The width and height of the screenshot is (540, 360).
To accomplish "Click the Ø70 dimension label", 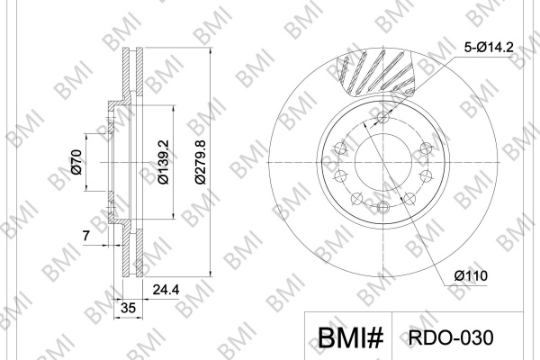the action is (76, 162).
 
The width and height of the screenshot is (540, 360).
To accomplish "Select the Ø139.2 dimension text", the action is (163, 162).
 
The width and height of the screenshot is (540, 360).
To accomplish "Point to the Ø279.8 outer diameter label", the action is (200, 162).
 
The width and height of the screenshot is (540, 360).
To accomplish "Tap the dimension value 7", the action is (86, 236).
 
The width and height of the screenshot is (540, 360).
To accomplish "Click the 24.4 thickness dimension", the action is (166, 290).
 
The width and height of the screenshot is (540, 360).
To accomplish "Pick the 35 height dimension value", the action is (129, 308).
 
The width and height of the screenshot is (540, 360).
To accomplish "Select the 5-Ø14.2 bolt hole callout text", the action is (489, 47).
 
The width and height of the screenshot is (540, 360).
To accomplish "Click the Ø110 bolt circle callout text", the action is (471, 275).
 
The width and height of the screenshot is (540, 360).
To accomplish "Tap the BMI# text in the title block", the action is (350, 337).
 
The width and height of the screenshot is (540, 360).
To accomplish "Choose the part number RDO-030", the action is (451, 337).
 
